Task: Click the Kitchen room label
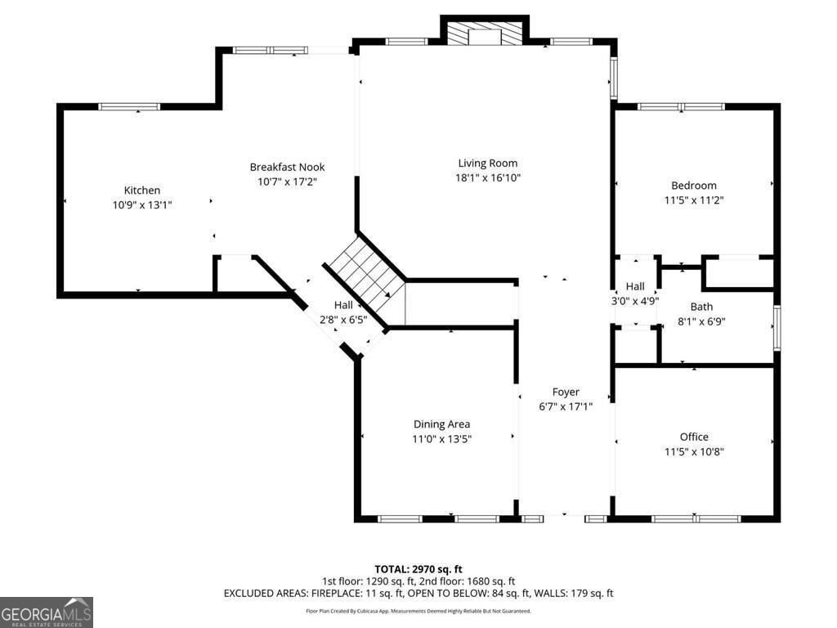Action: coord(142,191)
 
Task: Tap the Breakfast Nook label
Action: coord(287,167)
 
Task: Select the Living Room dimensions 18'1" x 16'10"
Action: coord(488,177)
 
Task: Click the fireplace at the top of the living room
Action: coord(485,33)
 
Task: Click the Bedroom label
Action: coord(694,186)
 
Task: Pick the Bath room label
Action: coord(701,307)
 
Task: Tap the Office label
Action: coord(694,437)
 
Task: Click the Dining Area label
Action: coord(441,424)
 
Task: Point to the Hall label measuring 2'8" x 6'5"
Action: coord(343,305)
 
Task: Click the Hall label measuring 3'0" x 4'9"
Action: coord(635,286)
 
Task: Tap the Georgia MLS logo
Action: coord(47,612)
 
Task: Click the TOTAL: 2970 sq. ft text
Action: coord(418,568)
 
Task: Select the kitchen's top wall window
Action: coord(129,106)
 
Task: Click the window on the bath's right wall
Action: coord(777,327)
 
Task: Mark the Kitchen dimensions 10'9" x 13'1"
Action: coord(142,205)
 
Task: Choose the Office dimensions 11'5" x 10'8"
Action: coord(694,451)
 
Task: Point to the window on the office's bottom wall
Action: coord(696,518)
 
